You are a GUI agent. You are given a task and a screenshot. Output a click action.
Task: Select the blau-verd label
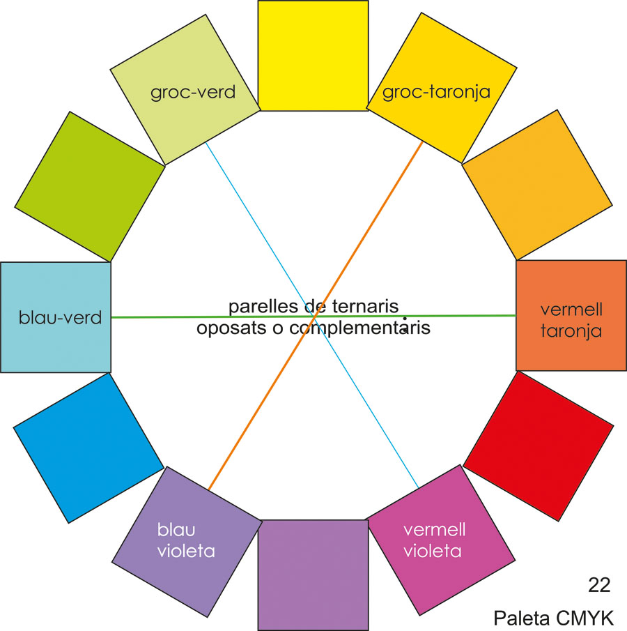tap(61, 318)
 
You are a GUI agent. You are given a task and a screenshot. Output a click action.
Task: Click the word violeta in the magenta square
tap(433, 551)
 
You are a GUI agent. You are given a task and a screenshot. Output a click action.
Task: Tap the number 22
tap(599, 585)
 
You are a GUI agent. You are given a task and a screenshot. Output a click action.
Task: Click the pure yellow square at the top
tap(313, 54)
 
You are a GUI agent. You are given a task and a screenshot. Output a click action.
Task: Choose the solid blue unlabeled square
tap(88, 447)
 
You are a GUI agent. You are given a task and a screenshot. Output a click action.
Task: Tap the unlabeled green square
tap(88, 188)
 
